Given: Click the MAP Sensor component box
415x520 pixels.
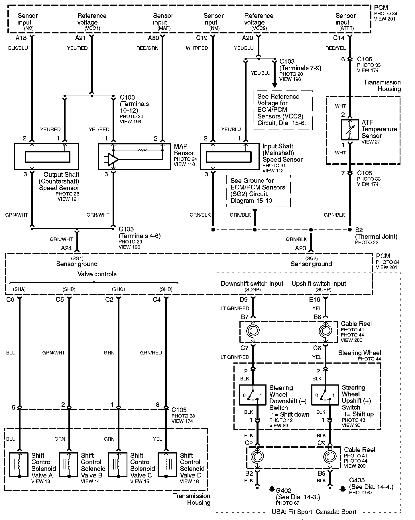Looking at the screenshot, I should coord(134,156).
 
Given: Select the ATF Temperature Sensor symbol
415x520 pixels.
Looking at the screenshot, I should coord(350,130).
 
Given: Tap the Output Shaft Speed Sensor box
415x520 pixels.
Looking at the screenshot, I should coord(46,156).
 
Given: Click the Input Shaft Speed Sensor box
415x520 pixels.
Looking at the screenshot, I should coord(228,156).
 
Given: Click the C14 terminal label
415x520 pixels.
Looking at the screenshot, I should coord(339,38).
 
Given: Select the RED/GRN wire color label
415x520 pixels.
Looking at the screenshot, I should coord(147,48).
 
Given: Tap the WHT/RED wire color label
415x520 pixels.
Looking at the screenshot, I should coord(197,48).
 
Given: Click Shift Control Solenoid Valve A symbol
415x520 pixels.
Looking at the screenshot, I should coord(19,465).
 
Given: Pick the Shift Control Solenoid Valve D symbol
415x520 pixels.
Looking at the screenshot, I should coord(167,465).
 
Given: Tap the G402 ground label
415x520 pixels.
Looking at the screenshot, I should coord(284,490).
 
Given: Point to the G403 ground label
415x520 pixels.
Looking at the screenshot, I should coord(357,480).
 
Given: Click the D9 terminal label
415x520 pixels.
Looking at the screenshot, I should coord(243,300).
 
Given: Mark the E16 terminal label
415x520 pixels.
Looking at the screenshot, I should coord(315,300).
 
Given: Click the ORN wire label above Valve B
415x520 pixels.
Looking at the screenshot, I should coord(60,439).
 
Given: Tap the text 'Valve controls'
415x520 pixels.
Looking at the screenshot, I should coord(97,274).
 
